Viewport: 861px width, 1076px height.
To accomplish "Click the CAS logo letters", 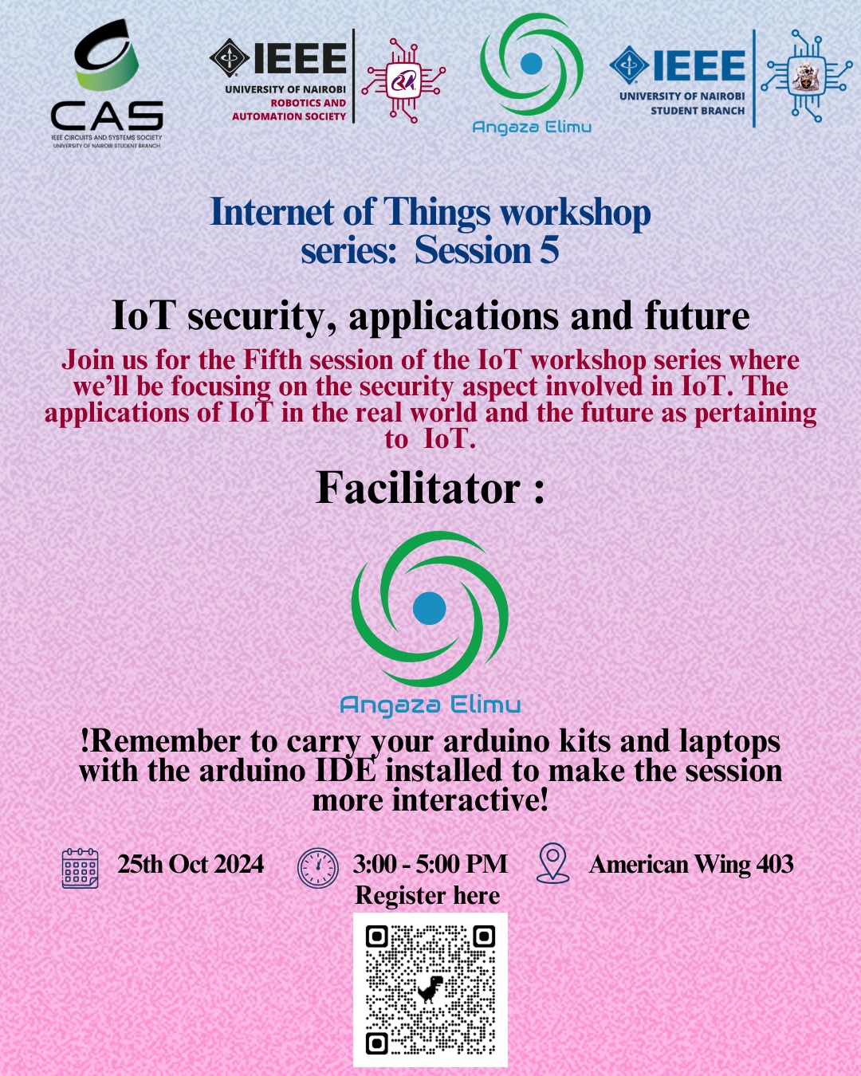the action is [x=107, y=116].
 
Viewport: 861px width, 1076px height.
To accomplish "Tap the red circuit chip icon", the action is [x=403, y=82].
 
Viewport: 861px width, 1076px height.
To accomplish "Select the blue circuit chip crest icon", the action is [x=807, y=76].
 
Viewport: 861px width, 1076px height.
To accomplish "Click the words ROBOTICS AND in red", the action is [x=309, y=103].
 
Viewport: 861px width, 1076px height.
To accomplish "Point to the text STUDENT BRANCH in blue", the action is [x=698, y=111].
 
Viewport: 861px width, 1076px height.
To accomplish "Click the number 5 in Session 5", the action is [x=548, y=250].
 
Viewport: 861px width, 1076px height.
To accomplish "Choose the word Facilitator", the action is [x=419, y=488].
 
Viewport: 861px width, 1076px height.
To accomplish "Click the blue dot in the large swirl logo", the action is [x=429, y=608].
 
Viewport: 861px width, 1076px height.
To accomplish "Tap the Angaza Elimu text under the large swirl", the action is [x=431, y=705].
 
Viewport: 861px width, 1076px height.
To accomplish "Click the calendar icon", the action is [x=80, y=868].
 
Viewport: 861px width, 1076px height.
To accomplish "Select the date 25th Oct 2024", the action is [x=191, y=864].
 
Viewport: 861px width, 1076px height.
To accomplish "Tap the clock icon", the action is [x=317, y=868].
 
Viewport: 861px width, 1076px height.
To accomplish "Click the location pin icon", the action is [x=552, y=863].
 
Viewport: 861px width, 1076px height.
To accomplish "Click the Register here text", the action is [x=427, y=895].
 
